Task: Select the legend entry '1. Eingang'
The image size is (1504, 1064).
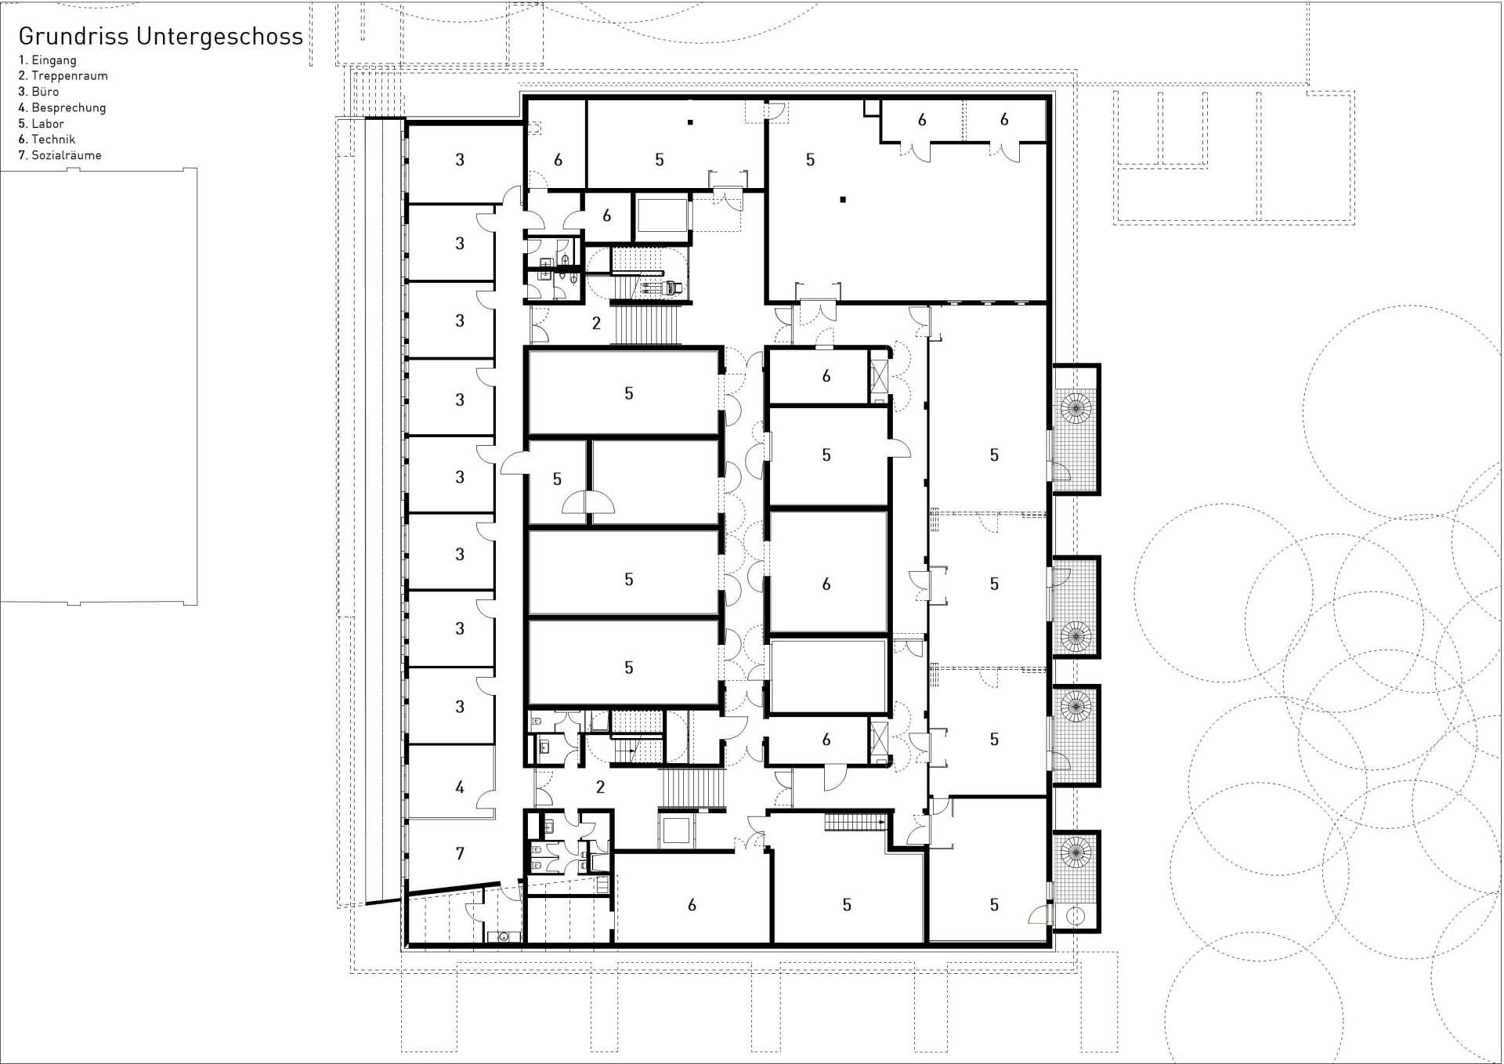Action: pos(47,60)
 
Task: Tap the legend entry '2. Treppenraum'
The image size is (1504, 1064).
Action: pos(63,76)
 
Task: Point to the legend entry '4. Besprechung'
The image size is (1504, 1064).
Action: pos(62,108)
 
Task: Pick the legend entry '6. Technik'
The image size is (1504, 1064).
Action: pos(46,139)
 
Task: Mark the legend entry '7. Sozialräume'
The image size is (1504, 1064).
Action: pos(60,155)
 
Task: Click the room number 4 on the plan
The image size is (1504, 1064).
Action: pos(460,787)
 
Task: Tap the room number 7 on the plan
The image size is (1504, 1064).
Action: pos(460,854)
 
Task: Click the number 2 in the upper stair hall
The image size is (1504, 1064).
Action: pos(596,324)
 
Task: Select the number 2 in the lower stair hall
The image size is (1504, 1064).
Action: pos(600,787)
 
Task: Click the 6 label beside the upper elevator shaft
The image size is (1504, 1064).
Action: pos(606,215)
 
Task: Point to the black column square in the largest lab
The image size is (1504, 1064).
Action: pos(843,200)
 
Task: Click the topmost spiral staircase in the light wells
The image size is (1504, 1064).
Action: pos(1076,408)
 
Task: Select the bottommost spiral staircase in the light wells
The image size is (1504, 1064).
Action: pos(1076,852)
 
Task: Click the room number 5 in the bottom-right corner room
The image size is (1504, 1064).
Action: pos(994,905)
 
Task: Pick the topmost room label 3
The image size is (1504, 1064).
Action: pos(460,160)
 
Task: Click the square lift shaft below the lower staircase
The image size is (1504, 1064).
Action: pos(675,831)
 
